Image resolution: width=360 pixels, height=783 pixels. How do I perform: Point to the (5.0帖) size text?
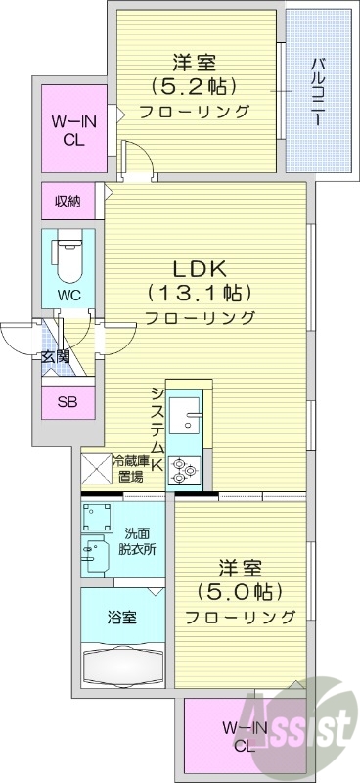pos(240,592)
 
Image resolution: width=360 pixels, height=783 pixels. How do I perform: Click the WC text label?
pos(68,294)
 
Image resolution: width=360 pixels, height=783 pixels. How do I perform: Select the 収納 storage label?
pos(67,202)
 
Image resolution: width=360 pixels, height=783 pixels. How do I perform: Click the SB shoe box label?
pos(67,401)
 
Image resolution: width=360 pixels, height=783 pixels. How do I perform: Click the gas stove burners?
pos(183,470)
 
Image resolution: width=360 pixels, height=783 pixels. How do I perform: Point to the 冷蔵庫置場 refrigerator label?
pos(131,469)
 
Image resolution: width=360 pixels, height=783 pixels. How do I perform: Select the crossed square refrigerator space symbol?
pos(95,470)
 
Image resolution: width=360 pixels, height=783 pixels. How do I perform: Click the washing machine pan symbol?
pos(96,517)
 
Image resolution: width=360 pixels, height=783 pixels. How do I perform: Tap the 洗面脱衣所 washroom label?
pos(137,541)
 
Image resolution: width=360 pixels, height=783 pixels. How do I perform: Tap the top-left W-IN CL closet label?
pos(67,130)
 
